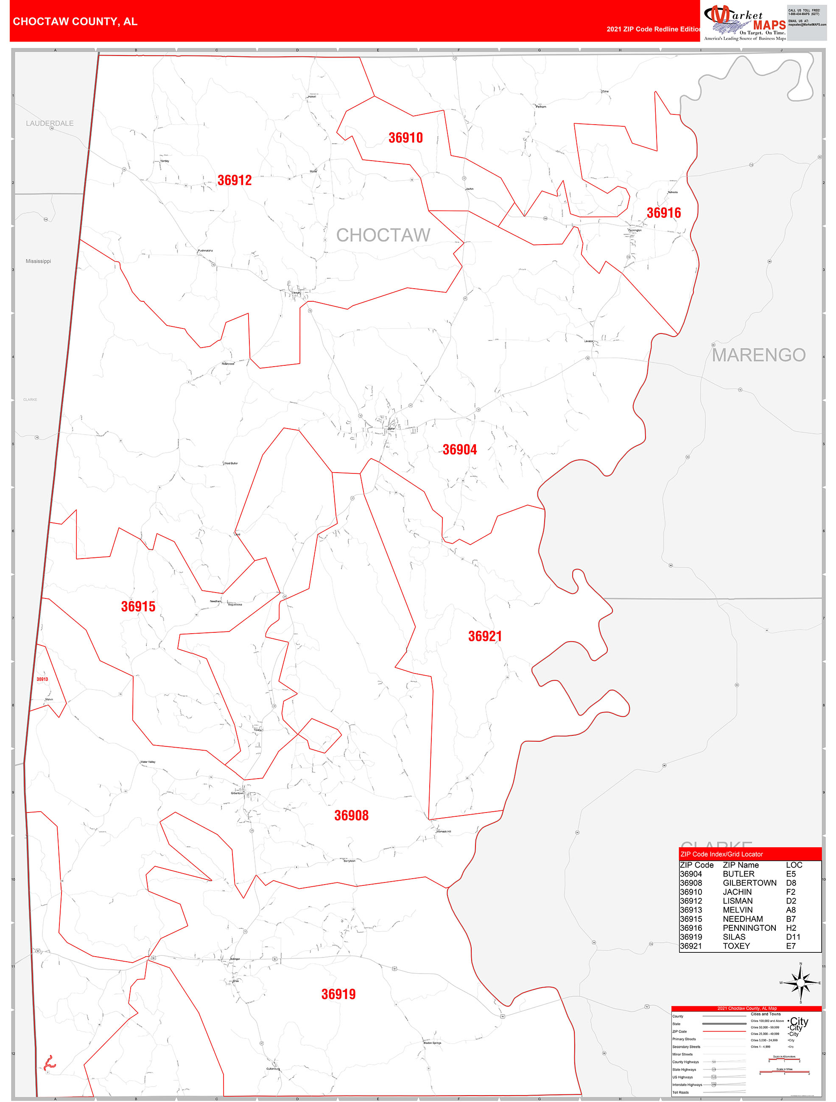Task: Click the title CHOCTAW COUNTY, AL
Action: pyautogui.click(x=75, y=22)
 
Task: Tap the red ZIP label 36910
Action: pyautogui.click(x=405, y=138)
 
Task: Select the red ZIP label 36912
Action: pyautogui.click(x=234, y=180)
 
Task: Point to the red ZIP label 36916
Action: pyautogui.click(x=663, y=213)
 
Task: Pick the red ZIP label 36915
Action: pyautogui.click(x=138, y=607)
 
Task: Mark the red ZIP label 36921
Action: pyautogui.click(x=484, y=636)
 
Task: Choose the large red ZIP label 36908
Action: pyautogui.click(x=351, y=815)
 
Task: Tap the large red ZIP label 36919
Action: pyautogui.click(x=338, y=994)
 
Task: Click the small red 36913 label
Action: pyautogui.click(x=42, y=679)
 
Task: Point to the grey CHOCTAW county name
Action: pyautogui.click(x=383, y=235)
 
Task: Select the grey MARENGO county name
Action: pyautogui.click(x=758, y=355)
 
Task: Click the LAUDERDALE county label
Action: pyautogui.click(x=50, y=123)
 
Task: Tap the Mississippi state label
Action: pyautogui.click(x=38, y=261)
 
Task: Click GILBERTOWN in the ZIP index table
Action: pyautogui.click(x=749, y=883)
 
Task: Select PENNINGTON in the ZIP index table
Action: pyautogui.click(x=749, y=928)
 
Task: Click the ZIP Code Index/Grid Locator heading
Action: pyautogui.click(x=721, y=854)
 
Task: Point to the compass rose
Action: pyautogui.click(x=800, y=983)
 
